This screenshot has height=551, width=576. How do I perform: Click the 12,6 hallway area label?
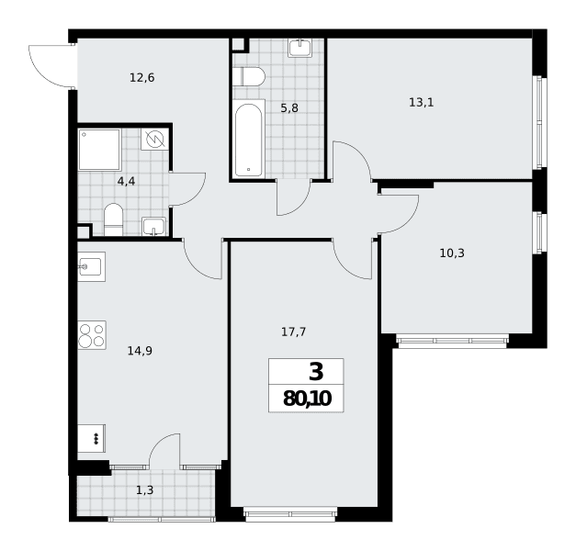coord(142,78)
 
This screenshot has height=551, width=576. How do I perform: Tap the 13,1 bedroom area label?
coord(422,103)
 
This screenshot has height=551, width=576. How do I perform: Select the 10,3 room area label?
coord(452,253)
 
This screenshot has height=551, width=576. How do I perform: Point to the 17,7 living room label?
coord(293,332)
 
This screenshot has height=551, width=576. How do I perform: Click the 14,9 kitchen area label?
coord(140,351)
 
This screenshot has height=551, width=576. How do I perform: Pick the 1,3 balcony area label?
coord(145,490)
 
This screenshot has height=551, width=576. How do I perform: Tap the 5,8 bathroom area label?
coord(289,108)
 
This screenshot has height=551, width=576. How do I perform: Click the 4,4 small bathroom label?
coord(127,181)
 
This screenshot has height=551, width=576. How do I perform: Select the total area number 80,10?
coord(307,399)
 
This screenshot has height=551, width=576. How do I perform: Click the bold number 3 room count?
coord(316,371)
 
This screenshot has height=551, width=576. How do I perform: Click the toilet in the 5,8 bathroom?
coord(249,76)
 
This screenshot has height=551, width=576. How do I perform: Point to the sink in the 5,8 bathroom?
coord(300,48)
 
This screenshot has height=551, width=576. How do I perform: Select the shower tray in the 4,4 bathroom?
coord(99,150)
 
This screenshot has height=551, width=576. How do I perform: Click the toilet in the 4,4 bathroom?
coord(114,220)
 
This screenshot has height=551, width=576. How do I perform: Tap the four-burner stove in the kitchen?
coord(92,335)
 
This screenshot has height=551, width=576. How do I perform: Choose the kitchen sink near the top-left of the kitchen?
coord(92,266)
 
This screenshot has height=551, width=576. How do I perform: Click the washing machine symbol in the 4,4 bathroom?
coord(155,139)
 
